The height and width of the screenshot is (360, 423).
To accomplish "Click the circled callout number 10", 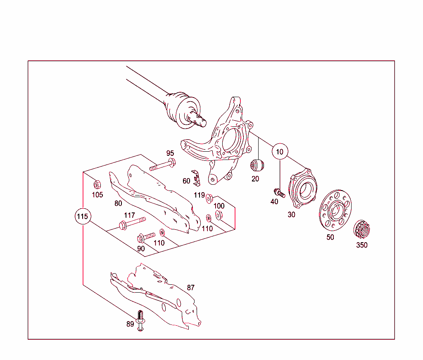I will point(280,152).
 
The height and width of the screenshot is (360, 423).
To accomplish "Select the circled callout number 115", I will point(83,216).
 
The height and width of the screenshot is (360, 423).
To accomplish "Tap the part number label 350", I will point(361,245).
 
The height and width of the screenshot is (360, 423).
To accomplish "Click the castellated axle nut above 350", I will point(361,229).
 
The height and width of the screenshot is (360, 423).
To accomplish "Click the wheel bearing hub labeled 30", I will point(305,188).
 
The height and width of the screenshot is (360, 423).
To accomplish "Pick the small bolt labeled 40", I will point(279,192).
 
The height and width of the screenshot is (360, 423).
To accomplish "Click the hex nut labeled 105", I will point(97,184).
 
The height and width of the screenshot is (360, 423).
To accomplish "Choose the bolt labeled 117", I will point(132,223).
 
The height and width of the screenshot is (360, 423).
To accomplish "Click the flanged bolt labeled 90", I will point(146,237).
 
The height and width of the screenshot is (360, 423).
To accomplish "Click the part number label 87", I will point(190,288).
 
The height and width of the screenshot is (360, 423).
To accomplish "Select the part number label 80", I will point(119,203).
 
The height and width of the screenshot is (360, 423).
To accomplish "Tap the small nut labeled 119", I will point(209,197).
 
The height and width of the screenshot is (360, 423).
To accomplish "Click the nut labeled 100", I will point(219,214).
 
